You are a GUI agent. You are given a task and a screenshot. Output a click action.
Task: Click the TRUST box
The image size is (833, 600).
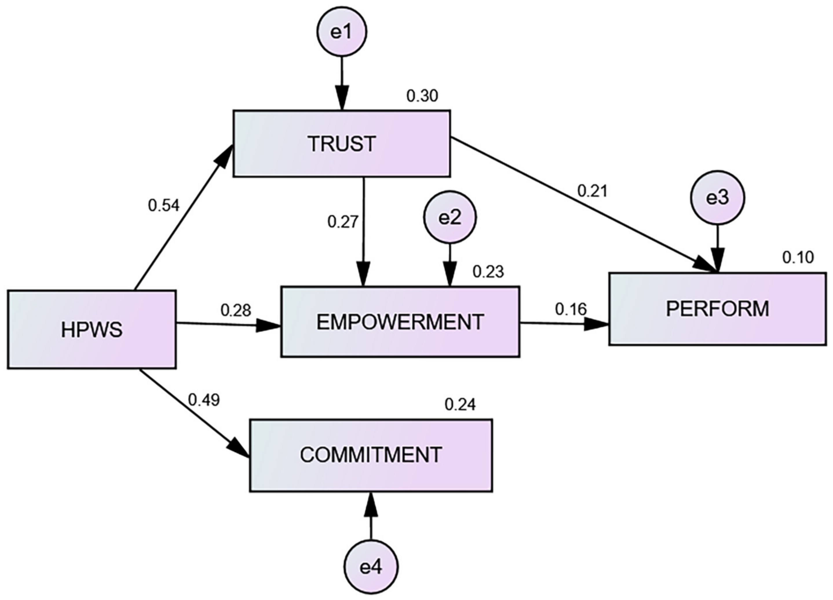tap(341, 143)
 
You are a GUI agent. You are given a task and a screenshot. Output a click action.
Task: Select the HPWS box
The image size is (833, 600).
tap(92, 329)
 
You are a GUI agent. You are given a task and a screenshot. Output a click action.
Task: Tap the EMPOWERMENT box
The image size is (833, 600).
tap(400, 321)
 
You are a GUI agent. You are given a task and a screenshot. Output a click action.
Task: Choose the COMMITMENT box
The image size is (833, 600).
tap(371, 455)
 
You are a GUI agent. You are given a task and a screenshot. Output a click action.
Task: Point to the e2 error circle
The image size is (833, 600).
tap(450, 218)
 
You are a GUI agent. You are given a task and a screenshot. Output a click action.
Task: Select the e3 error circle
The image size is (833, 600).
tap(718, 198)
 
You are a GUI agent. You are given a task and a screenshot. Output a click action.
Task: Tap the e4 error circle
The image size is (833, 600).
tap(371, 567)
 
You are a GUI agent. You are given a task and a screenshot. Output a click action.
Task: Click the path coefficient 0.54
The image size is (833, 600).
tap(164, 206)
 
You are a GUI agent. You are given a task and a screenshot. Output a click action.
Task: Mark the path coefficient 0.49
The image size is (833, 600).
tap(204, 400)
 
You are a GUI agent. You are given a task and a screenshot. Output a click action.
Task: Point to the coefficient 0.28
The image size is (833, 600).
tap(236, 311)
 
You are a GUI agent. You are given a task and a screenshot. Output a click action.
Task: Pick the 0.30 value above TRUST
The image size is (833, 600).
tap(422, 96)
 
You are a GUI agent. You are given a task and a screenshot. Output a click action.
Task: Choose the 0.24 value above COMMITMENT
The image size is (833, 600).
tap(460, 405)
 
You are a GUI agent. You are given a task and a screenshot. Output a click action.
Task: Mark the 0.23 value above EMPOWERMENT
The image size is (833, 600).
tap(488, 272)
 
